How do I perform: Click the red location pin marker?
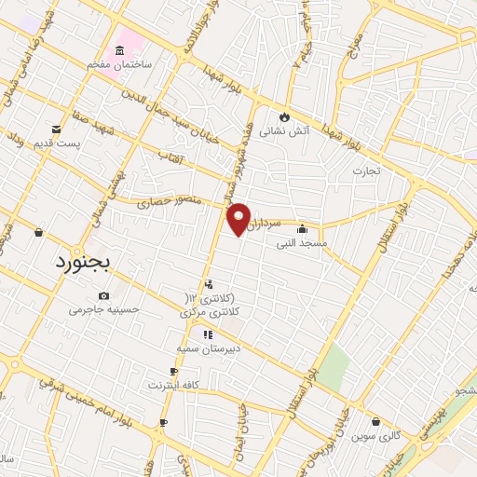click(x=238, y=218)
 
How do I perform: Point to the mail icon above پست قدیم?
click(x=56, y=129)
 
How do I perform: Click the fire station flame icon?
click(x=283, y=116)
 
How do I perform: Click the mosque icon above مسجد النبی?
click(x=302, y=229)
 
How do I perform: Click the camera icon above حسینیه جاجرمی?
click(x=103, y=295)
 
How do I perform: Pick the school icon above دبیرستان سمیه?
click(x=207, y=334)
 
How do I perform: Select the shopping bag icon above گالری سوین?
click(x=375, y=421)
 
